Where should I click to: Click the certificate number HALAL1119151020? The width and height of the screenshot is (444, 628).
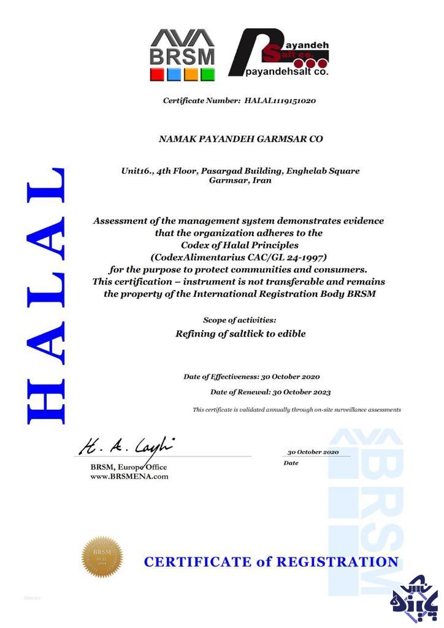pyautogui.click(x=280, y=100)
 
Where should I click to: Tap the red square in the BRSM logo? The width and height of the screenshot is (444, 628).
pyautogui.click(x=157, y=74)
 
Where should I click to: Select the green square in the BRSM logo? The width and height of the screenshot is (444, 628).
pyautogui.click(x=208, y=74)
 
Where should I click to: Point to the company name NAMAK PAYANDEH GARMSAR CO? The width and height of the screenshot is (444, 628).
pyautogui.click(x=240, y=139)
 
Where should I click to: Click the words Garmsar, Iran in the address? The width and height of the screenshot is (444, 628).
pyautogui.click(x=240, y=181)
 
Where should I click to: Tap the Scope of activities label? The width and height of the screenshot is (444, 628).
pyautogui.click(x=239, y=320)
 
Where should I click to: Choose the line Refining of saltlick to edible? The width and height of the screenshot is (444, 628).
pyautogui.click(x=240, y=334)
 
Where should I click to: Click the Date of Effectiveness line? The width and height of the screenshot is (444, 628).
pyautogui.click(x=251, y=377)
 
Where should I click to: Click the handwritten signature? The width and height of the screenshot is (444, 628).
pyautogui.click(x=126, y=445)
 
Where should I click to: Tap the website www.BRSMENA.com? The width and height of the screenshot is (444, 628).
pyautogui.click(x=129, y=476)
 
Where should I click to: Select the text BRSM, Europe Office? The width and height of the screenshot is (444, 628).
pyautogui.click(x=124, y=467)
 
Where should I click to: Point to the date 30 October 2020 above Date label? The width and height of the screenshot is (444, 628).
pyautogui.click(x=313, y=452)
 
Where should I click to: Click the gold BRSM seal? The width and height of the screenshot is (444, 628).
pyautogui.click(x=102, y=557)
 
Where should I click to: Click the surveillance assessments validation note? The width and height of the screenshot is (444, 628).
pyautogui.click(x=297, y=410)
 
